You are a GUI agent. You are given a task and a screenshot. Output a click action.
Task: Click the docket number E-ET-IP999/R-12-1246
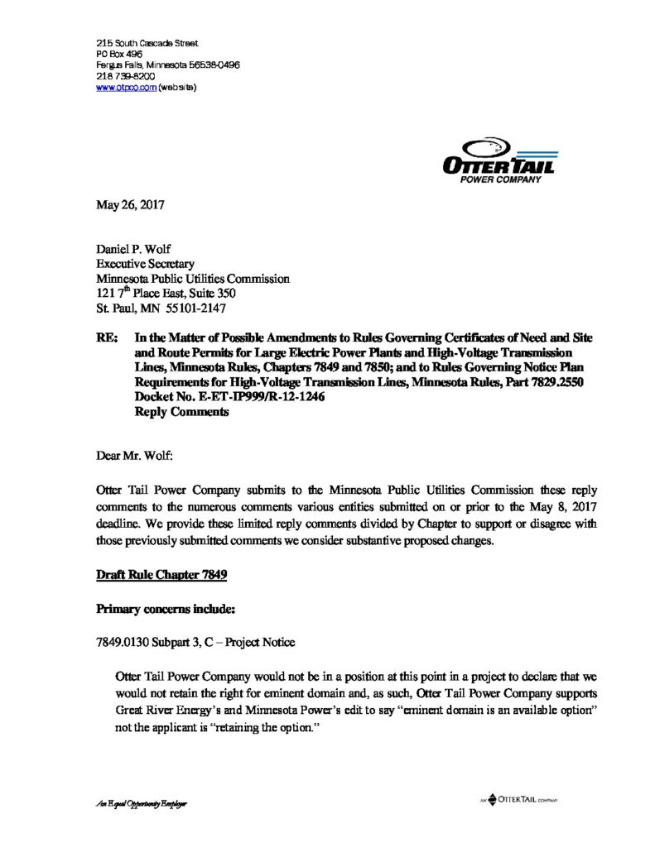point(224,398)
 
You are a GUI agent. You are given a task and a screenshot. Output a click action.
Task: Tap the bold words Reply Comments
point(181,412)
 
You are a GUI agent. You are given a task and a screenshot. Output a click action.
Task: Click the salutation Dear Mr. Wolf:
point(136,454)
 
